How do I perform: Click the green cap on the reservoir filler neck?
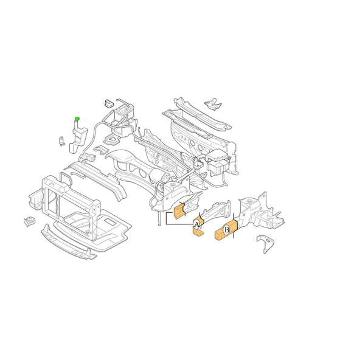click(77, 118)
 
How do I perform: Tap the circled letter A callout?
click(196, 224)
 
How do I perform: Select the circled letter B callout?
click(226, 229)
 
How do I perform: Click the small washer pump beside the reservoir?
click(62, 142)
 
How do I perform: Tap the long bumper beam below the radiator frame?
click(66, 243)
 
